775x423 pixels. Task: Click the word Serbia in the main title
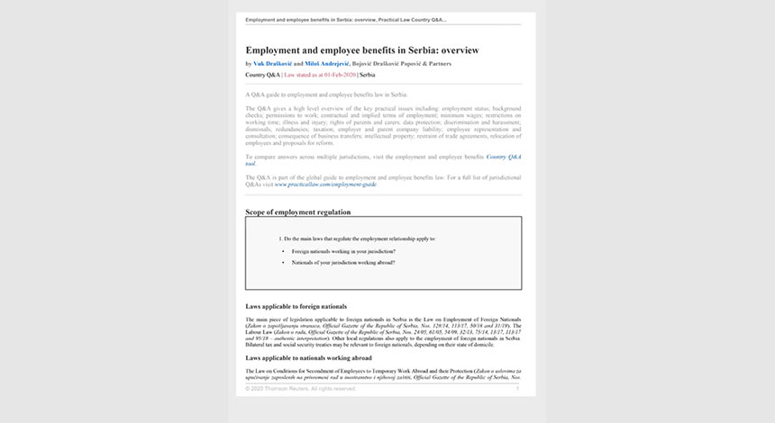point(412,49)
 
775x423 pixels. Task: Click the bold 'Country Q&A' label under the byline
point(262,76)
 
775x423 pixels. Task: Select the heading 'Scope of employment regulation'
point(297,212)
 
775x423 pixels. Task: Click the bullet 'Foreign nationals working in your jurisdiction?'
point(343,250)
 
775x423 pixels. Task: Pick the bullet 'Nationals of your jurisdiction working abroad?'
point(343,262)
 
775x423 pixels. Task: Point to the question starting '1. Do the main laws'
point(359,238)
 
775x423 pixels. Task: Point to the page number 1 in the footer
point(517,388)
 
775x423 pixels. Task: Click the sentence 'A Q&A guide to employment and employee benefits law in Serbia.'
point(326,94)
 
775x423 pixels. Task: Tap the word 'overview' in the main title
point(459,49)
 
